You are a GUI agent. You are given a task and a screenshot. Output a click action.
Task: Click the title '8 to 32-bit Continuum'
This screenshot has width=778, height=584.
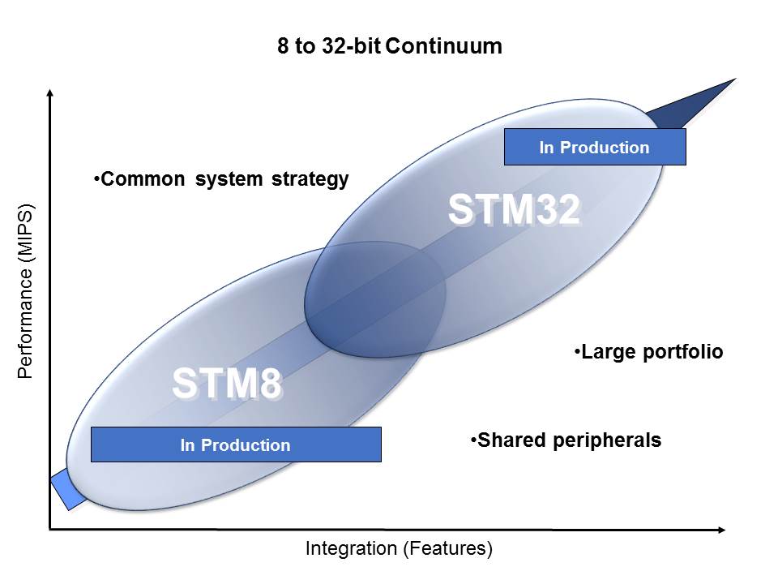coord(390,46)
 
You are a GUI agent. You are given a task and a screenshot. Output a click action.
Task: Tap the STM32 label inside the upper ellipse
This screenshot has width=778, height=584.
coord(515,209)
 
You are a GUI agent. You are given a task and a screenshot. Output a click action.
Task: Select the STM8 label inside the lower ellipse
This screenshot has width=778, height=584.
coord(227,384)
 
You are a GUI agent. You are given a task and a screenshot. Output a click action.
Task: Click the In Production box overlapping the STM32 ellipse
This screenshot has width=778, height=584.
coord(595,147)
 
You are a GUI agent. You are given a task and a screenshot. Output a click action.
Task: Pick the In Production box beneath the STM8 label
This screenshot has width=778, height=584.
coord(236,444)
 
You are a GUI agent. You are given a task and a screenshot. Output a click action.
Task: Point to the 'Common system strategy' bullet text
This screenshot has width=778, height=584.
coord(221,179)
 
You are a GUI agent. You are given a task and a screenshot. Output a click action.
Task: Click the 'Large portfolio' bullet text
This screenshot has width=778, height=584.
coord(648,352)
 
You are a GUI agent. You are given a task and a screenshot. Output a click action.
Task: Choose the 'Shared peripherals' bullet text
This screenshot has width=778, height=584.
coord(566,440)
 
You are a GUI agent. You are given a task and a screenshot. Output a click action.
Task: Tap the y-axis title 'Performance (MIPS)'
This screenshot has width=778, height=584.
coord(25,291)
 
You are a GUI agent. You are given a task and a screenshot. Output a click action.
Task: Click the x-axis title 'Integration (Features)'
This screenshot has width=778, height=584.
coord(399,549)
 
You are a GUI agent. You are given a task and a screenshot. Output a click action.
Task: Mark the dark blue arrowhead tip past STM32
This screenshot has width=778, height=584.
coord(736,79)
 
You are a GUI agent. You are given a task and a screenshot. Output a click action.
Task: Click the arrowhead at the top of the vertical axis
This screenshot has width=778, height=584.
coord(49,92)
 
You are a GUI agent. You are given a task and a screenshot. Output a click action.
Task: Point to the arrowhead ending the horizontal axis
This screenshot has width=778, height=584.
coord(723,530)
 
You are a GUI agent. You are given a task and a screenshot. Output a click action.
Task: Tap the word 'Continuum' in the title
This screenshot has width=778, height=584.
coord(443,46)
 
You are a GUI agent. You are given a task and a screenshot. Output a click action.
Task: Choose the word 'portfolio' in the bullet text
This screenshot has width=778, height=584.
coord(683,352)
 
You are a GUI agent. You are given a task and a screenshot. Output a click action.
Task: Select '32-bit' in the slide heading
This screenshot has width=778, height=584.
coord(351,46)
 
